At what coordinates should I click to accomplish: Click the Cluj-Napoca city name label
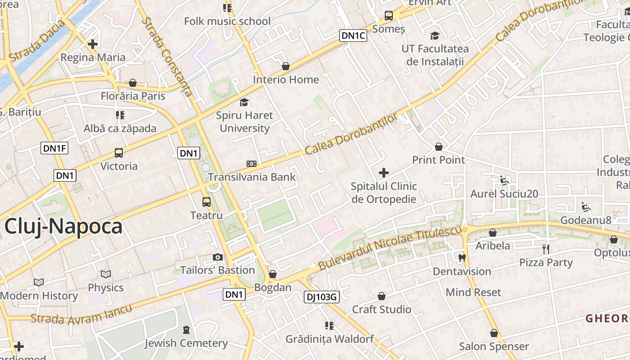63,226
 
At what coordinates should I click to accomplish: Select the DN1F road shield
54,148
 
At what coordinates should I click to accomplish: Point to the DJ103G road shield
321,297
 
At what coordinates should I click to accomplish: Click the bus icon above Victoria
119,153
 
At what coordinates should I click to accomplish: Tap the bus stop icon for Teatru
207,202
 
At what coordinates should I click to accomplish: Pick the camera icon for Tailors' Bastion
218,257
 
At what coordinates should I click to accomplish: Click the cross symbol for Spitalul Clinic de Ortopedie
384,173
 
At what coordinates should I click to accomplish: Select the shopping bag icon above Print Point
439,147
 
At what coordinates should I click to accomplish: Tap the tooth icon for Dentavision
461,258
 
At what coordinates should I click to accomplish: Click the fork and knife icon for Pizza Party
546,249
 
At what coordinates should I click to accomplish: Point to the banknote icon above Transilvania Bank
252,164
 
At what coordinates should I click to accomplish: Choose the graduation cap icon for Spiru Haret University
244,102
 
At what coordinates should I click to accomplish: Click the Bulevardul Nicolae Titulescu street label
391,248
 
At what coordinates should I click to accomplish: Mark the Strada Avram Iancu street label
81,315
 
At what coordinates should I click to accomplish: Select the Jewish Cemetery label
186,343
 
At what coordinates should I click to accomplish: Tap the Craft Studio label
382,310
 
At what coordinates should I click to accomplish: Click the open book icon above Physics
106,274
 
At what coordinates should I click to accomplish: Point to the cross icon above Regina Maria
93,44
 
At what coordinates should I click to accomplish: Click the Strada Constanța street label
167,57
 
